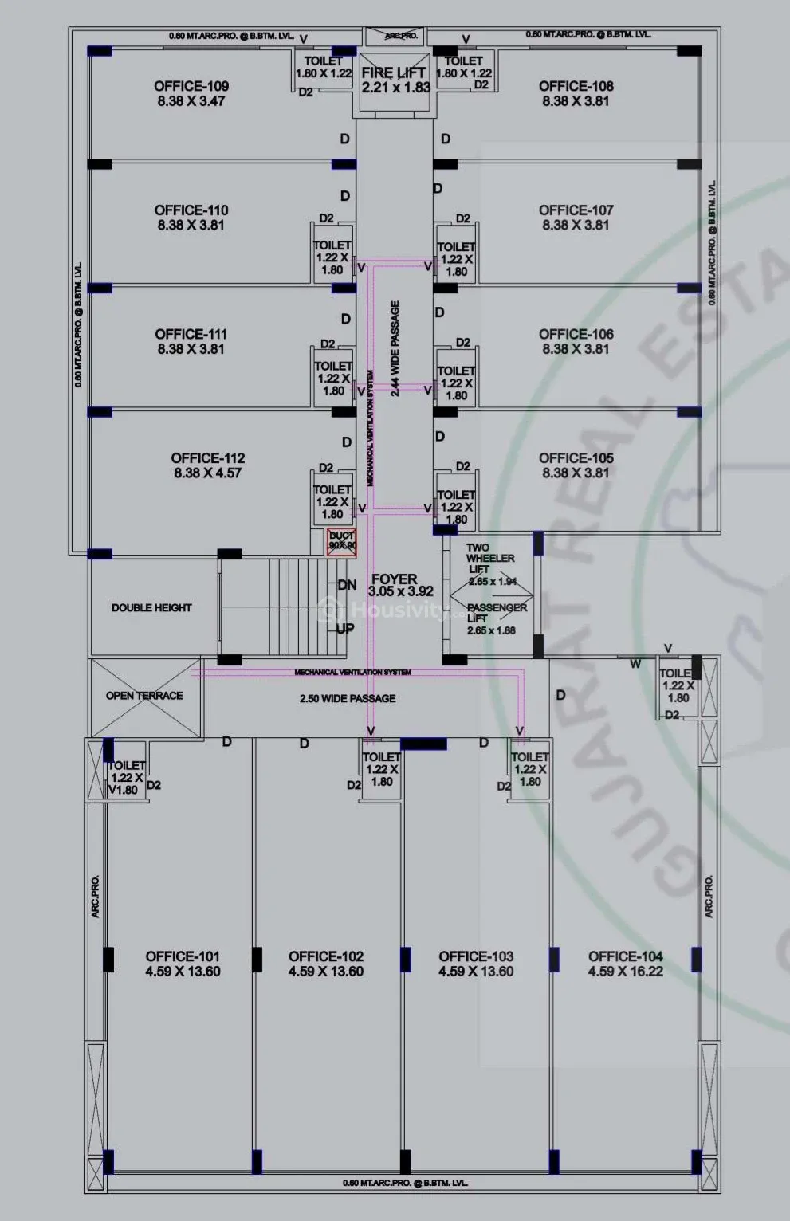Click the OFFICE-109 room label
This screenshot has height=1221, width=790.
(191, 86)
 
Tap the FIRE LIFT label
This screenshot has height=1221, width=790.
(394, 73)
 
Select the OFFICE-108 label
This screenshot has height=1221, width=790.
(576, 86)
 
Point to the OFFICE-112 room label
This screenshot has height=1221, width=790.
(207, 458)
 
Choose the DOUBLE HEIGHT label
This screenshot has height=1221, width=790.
(151, 607)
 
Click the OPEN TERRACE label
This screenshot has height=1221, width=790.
(144, 696)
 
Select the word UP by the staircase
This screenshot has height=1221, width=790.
(345, 629)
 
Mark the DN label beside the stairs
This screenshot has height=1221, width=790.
(347, 585)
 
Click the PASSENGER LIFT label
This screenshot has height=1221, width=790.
(496, 613)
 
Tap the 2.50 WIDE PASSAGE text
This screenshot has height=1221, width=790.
(348, 699)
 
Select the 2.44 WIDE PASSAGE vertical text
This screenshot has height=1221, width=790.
(395, 348)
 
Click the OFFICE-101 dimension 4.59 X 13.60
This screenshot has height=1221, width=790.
(183, 972)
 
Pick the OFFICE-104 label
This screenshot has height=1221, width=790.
(625, 956)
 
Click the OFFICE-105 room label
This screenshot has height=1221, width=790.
(576, 458)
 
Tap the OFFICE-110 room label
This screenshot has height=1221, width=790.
(191, 210)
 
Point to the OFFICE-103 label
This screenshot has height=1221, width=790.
(476, 956)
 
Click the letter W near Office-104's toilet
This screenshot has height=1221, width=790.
(635, 664)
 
